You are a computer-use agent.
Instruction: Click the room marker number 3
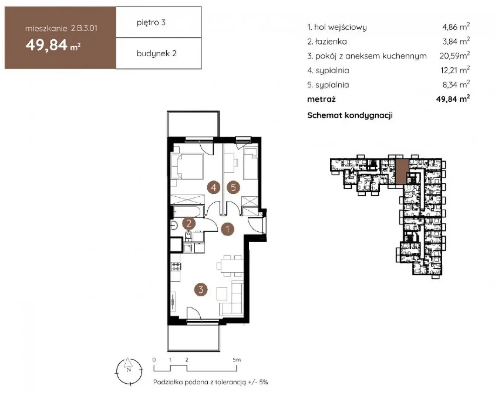tap(201, 289)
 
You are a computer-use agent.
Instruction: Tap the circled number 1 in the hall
tap(228, 229)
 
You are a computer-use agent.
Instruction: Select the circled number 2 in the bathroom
tap(189, 223)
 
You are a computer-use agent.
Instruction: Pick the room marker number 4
tap(214, 187)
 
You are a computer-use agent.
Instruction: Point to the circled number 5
tap(233, 187)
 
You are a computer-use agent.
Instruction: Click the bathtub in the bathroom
tap(188, 211)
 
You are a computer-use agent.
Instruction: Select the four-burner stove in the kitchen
tap(176, 267)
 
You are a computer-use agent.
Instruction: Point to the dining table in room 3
tap(232, 266)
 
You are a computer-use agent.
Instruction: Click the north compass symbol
tap(129, 371)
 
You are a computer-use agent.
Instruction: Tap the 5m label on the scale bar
tap(237, 360)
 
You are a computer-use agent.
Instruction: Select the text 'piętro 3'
tap(151, 22)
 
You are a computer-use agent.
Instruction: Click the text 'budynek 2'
tap(157, 54)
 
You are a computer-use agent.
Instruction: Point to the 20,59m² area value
tap(454, 56)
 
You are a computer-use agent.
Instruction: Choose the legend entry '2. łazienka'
tap(327, 42)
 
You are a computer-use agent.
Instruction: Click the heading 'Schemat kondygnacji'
tap(350, 115)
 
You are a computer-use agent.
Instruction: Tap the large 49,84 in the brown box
tap(46, 45)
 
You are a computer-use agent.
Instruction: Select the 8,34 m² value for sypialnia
tap(456, 85)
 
